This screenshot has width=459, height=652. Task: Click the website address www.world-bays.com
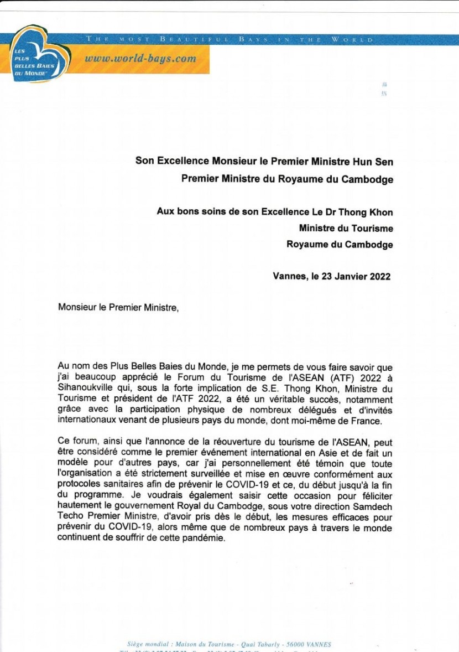tap(140, 59)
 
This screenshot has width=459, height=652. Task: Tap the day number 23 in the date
tap(326, 277)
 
